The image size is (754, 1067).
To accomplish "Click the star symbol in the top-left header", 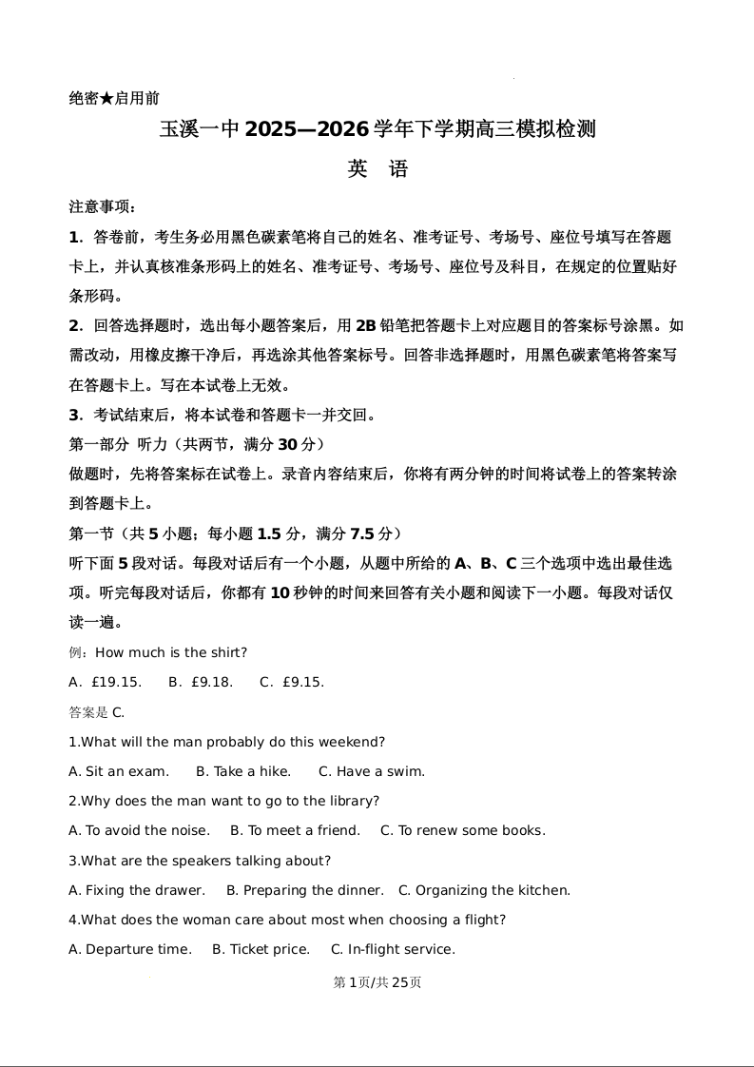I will click(x=106, y=98).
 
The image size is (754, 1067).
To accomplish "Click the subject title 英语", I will click(x=377, y=169).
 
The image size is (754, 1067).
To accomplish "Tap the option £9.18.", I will click(x=211, y=682).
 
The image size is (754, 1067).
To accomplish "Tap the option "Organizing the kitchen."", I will click(x=493, y=890).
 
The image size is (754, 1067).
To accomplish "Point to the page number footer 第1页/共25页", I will click(x=377, y=982).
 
